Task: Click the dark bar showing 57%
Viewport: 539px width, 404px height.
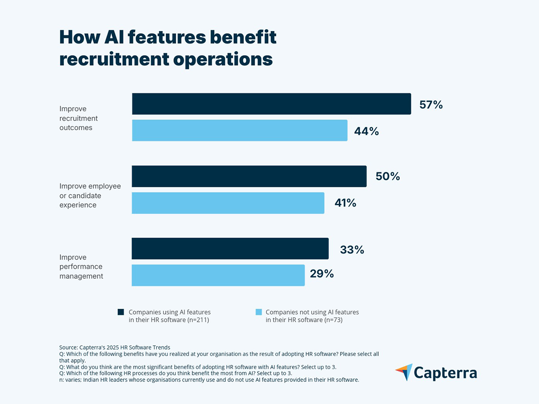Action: tap(271, 104)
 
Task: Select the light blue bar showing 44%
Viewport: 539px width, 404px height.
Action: tap(239, 131)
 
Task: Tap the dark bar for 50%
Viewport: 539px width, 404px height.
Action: tap(249, 176)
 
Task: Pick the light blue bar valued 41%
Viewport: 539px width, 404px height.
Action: tap(228, 203)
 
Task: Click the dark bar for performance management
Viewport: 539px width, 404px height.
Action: tap(230, 249)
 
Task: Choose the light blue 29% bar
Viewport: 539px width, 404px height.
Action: tap(218, 275)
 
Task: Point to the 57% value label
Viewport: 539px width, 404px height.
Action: tap(431, 105)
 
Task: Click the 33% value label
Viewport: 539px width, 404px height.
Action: tap(352, 250)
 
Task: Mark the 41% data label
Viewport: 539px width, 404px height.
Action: tap(345, 203)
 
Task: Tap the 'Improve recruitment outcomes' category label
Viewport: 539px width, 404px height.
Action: tap(78, 118)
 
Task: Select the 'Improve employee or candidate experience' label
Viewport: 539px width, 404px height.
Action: tap(90, 196)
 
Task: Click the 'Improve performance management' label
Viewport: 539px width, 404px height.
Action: tap(81, 267)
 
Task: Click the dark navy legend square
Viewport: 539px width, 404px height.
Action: tap(121, 312)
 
